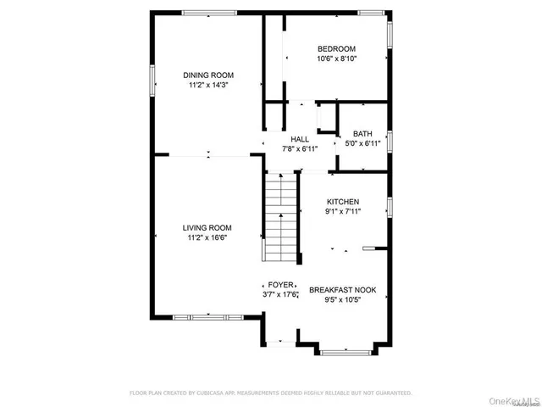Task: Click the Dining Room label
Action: (208, 75)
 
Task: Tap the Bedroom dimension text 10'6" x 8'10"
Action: (336, 59)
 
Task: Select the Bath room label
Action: (362, 133)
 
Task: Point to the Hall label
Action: (300, 139)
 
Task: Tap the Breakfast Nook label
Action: (344, 289)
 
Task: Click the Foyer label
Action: (281, 285)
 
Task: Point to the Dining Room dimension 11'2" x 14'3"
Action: (208, 85)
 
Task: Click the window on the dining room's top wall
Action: (210, 12)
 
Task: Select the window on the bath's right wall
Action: (390, 139)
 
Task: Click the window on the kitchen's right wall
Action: (390, 206)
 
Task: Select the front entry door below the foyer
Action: (279, 343)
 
